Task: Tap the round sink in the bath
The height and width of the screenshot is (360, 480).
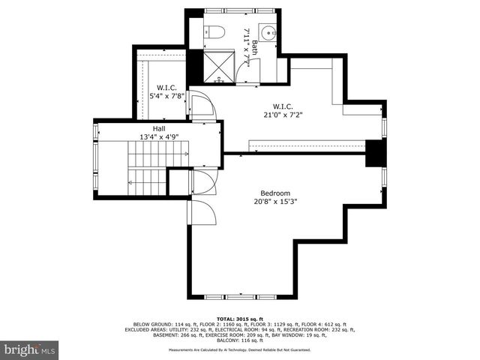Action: pyautogui.click(x=269, y=33)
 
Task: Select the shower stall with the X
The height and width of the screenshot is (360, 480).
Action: pyautogui.click(x=218, y=67)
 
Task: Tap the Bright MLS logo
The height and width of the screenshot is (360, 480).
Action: pyautogui.click(x=30, y=349)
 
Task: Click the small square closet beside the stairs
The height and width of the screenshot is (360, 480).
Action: pyautogui.click(x=178, y=181)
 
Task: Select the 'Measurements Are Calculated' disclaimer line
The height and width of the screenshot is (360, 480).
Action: pyautogui.click(x=239, y=349)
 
